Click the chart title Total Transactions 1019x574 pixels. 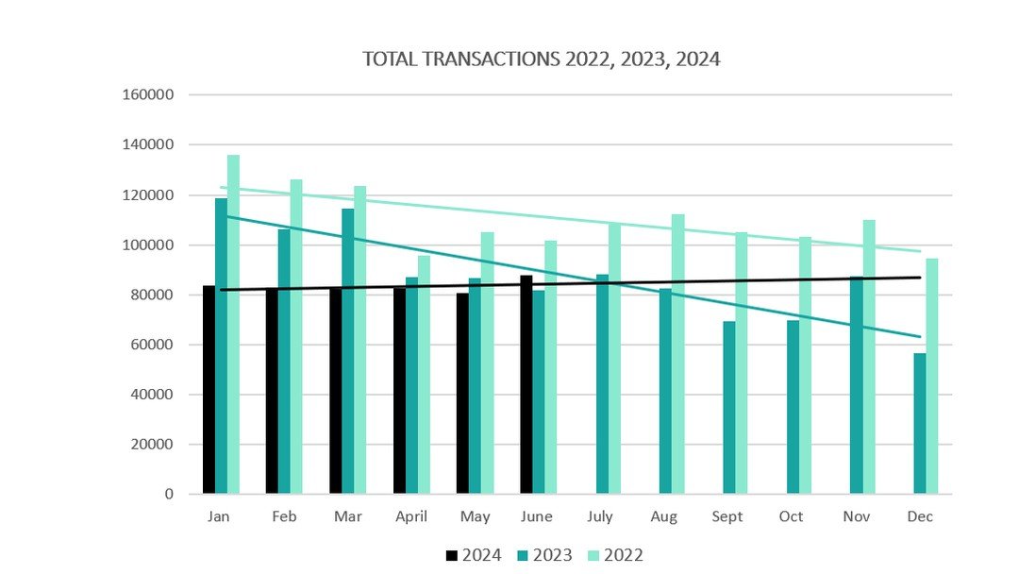(x=542, y=59)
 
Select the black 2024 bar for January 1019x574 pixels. (x=209, y=389)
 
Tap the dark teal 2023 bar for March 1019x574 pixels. (x=347, y=350)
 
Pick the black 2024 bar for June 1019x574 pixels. (x=526, y=384)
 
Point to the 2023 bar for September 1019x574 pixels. (x=729, y=407)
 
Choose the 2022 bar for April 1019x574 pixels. (x=424, y=374)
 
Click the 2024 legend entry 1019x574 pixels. (x=473, y=555)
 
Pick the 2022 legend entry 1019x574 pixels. (x=615, y=555)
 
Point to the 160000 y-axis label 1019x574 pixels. (x=148, y=95)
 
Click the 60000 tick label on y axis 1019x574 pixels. (x=152, y=345)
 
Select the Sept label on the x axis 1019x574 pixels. (x=727, y=516)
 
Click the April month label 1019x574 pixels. (x=411, y=516)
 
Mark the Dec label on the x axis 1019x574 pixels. (x=919, y=516)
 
